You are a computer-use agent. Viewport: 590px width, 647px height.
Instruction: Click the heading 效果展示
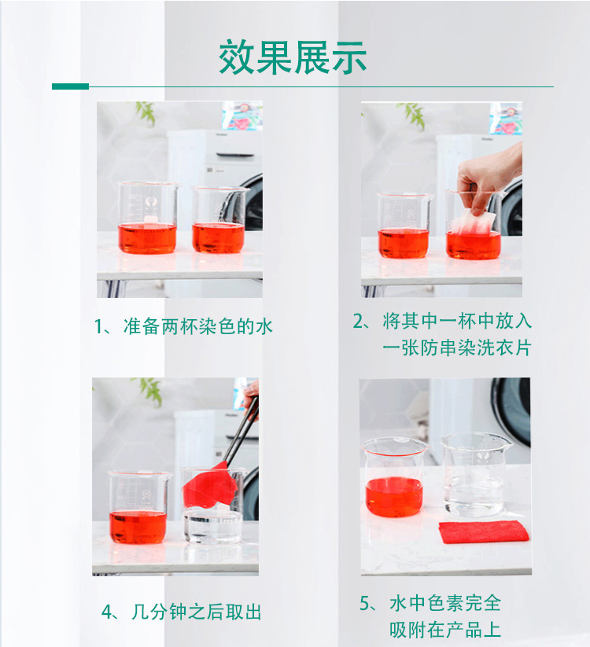[x=293, y=57]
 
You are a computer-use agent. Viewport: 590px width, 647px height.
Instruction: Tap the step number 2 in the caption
[x=360, y=322]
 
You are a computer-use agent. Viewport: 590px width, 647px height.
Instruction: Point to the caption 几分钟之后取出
[x=192, y=612]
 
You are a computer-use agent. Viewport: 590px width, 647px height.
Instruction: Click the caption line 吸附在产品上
[x=445, y=629]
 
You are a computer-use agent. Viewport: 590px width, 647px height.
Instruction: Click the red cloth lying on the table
[x=484, y=531]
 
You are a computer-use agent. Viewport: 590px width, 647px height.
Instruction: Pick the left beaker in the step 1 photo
[x=147, y=219]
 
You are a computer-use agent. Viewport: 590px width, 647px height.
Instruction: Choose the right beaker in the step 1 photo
[x=219, y=220]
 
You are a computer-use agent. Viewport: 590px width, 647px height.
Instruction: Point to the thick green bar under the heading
[x=70, y=86]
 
